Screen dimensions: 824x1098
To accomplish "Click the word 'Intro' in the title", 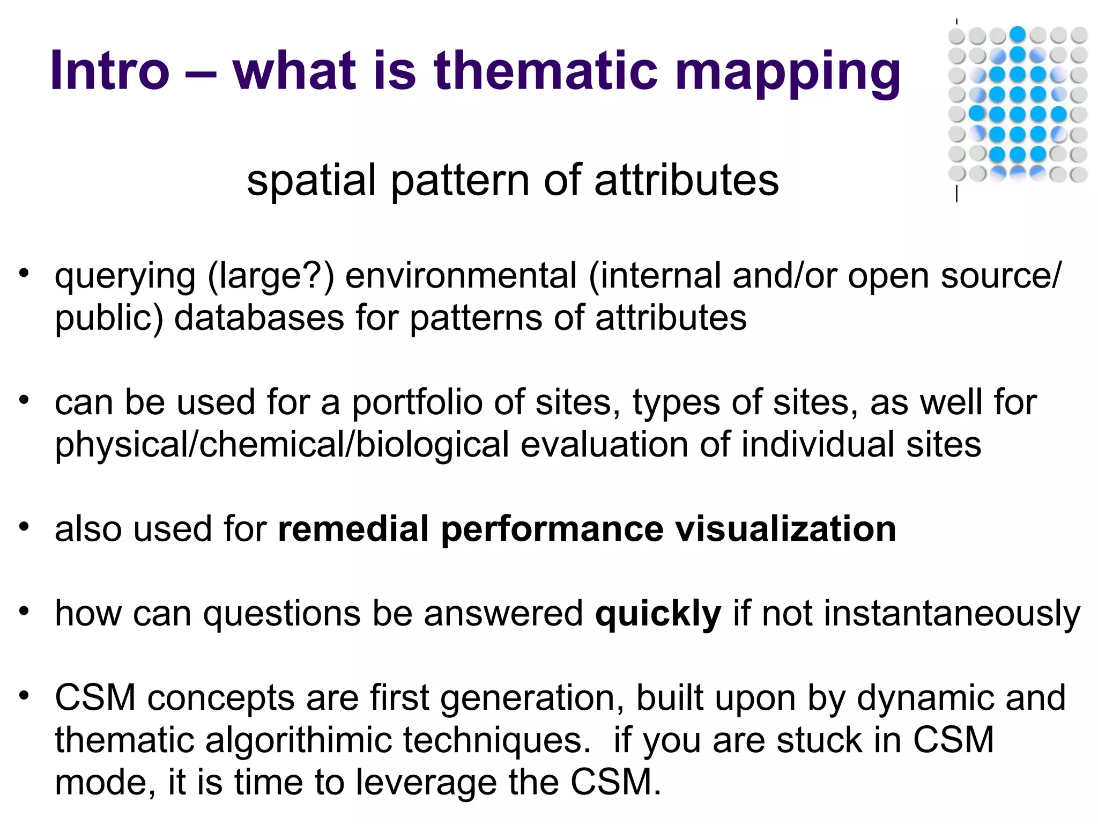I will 110,71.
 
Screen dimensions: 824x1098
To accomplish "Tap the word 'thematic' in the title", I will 545,71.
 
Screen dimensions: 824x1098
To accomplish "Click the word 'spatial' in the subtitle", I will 311,180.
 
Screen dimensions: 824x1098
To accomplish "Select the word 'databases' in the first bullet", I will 259,318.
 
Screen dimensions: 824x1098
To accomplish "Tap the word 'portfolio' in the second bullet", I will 417,402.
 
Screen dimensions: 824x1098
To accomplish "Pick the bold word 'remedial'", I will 353,529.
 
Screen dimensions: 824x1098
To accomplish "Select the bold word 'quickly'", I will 658,614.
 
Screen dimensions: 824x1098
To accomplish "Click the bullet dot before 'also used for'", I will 24,527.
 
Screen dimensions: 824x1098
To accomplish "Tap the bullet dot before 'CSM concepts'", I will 24,696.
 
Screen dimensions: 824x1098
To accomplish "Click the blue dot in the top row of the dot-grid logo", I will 1017,34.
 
